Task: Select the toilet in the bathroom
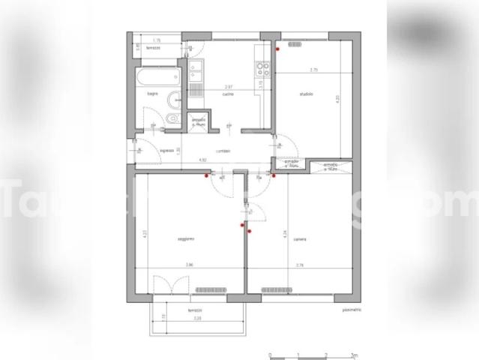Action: [x=172, y=120]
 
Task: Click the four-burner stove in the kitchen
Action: [x=262, y=70]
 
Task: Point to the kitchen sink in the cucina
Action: [x=196, y=73]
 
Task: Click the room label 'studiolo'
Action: [x=305, y=94]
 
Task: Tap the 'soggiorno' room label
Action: [x=186, y=239]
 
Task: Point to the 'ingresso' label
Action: [x=167, y=151]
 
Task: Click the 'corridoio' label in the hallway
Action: [x=222, y=151]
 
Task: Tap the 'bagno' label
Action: [x=152, y=94]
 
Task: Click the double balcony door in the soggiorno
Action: [x=165, y=285]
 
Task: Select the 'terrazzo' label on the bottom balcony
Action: [x=196, y=310]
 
